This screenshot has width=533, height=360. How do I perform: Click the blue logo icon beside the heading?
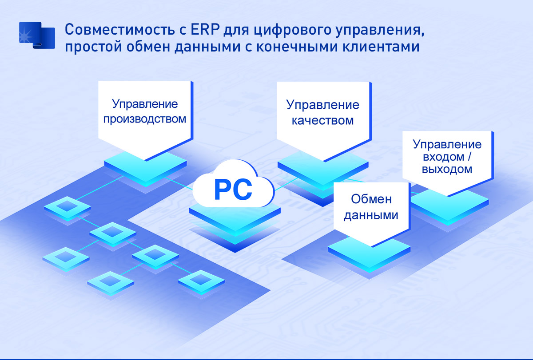[37, 36]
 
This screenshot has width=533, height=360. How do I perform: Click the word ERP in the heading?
[205, 30]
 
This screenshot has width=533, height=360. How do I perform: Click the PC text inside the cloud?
[233, 190]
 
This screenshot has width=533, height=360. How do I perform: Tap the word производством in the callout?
[145, 119]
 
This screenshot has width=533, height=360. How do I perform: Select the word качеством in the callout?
[322, 120]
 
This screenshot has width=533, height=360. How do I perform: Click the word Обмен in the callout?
[371, 199]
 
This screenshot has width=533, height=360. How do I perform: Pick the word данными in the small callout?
[371, 215]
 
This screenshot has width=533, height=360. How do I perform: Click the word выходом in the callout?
[447, 169]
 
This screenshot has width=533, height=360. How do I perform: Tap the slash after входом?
[469, 157]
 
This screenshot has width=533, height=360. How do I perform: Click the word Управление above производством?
[145, 104]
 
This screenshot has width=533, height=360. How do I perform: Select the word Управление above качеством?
[322, 105]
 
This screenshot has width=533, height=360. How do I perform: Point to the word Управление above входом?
[447, 145]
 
